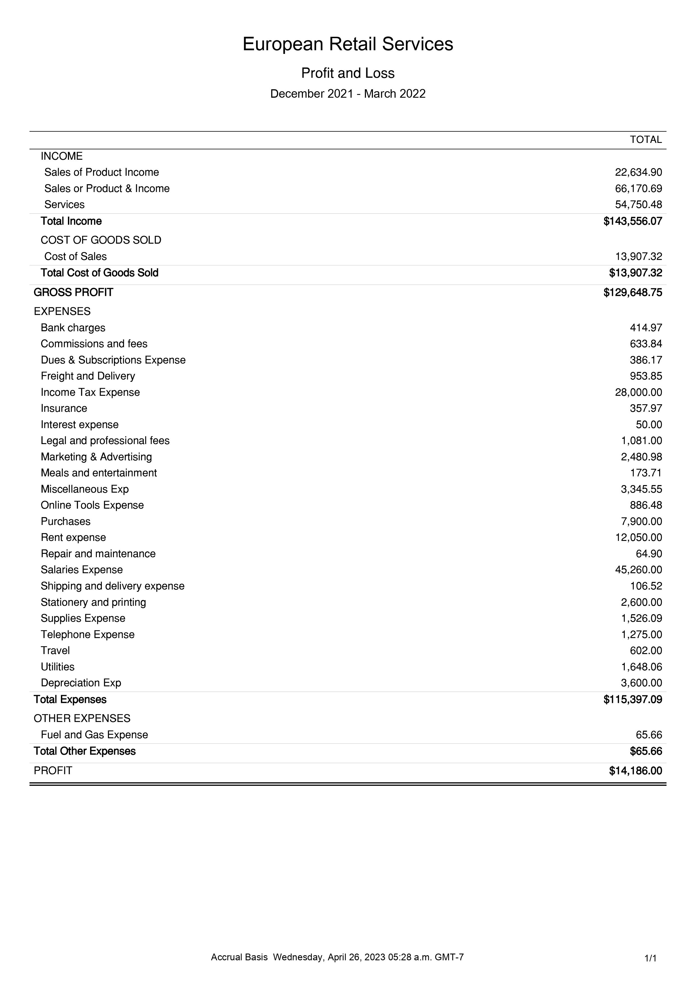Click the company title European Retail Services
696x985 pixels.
[348, 44]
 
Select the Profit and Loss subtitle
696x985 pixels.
[348, 73]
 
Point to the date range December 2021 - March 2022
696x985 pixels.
[348, 94]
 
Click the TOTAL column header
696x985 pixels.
[645, 140]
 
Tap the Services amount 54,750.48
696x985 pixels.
[638, 205]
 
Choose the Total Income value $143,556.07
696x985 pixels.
[633, 221]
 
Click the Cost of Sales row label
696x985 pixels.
[75, 257]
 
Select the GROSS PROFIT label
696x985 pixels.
[73, 292]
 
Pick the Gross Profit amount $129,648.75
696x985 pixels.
[633, 292]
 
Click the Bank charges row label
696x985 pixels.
[73, 328]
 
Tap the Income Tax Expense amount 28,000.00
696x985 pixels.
[638, 392]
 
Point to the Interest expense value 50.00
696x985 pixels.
[649, 425]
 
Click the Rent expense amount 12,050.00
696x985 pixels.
[638, 538]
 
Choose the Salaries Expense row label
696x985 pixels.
[81, 570]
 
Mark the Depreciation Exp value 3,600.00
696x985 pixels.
[641, 683]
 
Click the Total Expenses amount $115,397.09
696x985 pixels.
[633, 700]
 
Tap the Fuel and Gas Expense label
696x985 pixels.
[94, 735]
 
